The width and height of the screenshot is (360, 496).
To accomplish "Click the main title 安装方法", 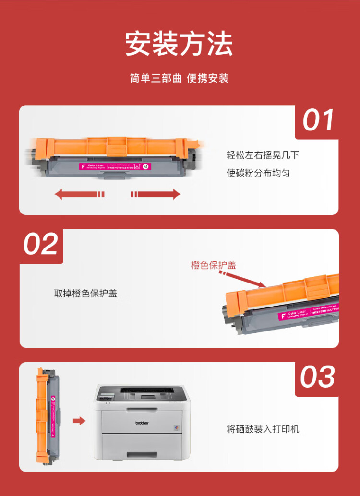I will pos(179,45).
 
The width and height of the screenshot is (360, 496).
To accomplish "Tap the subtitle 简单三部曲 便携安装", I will pos(179,78).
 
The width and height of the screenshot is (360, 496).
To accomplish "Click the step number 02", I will pos(41,244).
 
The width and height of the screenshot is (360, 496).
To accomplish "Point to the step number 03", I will pos(318,377).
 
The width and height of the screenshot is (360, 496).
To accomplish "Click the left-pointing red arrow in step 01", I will pos(79,194).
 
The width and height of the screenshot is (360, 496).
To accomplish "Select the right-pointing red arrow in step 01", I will pos(156,194).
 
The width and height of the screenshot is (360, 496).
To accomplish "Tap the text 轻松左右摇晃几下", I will pos(263,155).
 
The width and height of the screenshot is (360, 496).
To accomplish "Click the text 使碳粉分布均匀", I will pos(258,173).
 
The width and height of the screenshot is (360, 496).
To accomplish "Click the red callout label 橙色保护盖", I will pos(214,265).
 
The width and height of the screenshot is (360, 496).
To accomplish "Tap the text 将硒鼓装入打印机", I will pos(263,429).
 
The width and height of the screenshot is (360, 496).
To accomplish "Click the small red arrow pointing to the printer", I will pos(79,421).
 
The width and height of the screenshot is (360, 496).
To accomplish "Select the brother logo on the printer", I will pos(142,423).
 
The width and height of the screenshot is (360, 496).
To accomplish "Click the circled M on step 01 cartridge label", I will pos(146,166).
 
